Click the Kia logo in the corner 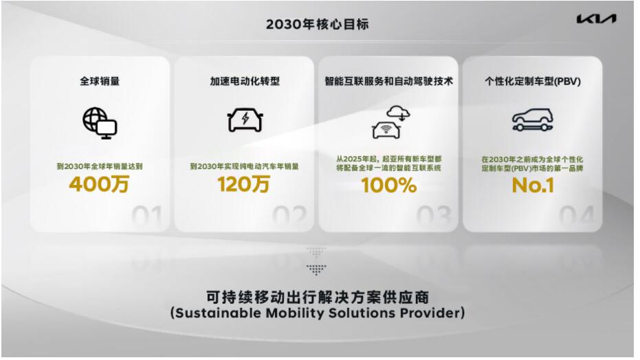(x=596, y=19)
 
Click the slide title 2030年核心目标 (x=317, y=25)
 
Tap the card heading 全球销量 (x=100, y=81)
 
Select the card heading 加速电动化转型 (x=245, y=81)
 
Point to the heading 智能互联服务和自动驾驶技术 (x=388, y=81)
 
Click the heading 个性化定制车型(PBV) (x=533, y=81)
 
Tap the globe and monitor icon (x=100, y=123)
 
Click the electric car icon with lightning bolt (x=245, y=120)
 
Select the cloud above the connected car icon (x=399, y=113)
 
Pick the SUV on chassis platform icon (x=533, y=120)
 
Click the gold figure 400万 (x=99, y=184)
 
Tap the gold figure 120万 (x=243, y=184)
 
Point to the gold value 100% (x=388, y=185)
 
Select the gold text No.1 (x=533, y=185)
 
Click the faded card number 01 (x=147, y=215)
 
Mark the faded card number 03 (x=434, y=215)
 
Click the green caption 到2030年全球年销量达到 (x=100, y=166)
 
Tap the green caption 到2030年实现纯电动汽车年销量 (x=245, y=166)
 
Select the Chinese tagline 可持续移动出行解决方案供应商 (x=317, y=297)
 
